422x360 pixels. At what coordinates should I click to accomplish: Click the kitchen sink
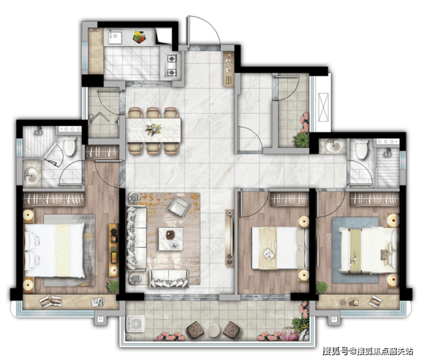click(115, 37)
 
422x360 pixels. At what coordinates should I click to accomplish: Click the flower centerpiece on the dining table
click(154, 130)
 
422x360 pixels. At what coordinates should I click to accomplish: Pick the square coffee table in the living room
click(171, 239)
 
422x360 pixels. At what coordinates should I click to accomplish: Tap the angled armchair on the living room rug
click(179, 207)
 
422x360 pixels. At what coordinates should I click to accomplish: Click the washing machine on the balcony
click(135, 324)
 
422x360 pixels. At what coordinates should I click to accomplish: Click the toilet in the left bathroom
click(70, 145)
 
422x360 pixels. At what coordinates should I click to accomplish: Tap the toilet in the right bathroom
click(361, 149)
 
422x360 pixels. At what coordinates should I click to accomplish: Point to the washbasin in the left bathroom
click(32, 175)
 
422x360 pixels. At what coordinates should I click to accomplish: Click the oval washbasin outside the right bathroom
click(333, 146)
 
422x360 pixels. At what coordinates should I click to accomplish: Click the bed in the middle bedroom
click(280, 248)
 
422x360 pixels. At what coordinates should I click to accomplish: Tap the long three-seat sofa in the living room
click(136, 238)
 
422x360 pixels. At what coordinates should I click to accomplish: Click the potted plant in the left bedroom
click(113, 286)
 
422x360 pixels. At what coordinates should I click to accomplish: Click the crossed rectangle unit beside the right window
click(323, 107)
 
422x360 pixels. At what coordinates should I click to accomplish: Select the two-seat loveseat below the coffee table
click(169, 278)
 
